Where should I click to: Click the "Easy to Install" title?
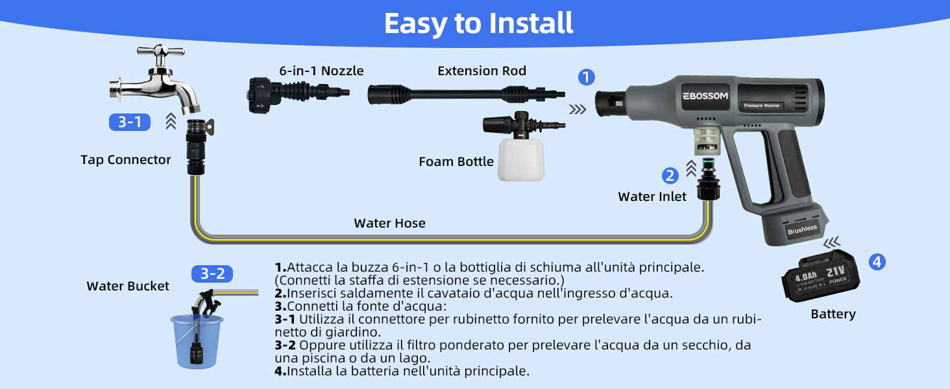click(x=478, y=23)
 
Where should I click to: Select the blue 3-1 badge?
click(x=129, y=122)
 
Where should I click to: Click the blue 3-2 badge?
click(x=212, y=274)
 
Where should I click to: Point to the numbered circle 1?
click(x=586, y=77)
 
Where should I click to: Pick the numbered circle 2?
click(x=670, y=176)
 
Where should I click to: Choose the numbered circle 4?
click(x=877, y=262)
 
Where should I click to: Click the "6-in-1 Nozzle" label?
click(x=321, y=71)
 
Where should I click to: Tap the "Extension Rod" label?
click(x=481, y=71)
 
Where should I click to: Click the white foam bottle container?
click(x=521, y=160)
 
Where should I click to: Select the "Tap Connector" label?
click(x=125, y=159)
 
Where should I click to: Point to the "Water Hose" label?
click(x=389, y=223)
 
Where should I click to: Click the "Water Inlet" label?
click(x=652, y=196)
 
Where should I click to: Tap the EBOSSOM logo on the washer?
click(x=705, y=96)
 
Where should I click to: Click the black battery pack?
click(x=820, y=276)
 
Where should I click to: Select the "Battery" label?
click(x=833, y=314)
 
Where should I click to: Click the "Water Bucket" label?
click(x=128, y=286)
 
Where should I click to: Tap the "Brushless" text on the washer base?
click(x=802, y=230)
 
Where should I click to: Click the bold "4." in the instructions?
click(x=280, y=371)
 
